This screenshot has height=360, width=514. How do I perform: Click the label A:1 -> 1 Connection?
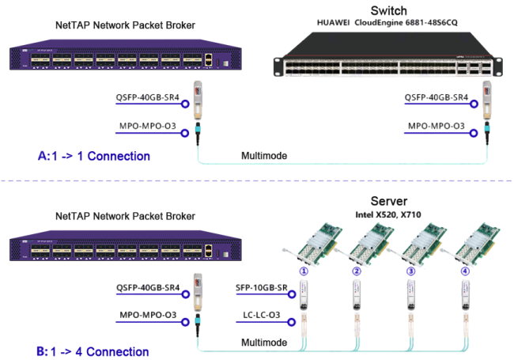point(94,156)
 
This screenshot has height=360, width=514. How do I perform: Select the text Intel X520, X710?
point(393,214)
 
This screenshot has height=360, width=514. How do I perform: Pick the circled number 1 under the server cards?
point(302,271)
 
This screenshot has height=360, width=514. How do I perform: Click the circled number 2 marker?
point(357,271)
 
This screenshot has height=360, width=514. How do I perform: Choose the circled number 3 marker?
point(410,271)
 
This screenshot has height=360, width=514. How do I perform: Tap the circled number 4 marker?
point(464,271)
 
